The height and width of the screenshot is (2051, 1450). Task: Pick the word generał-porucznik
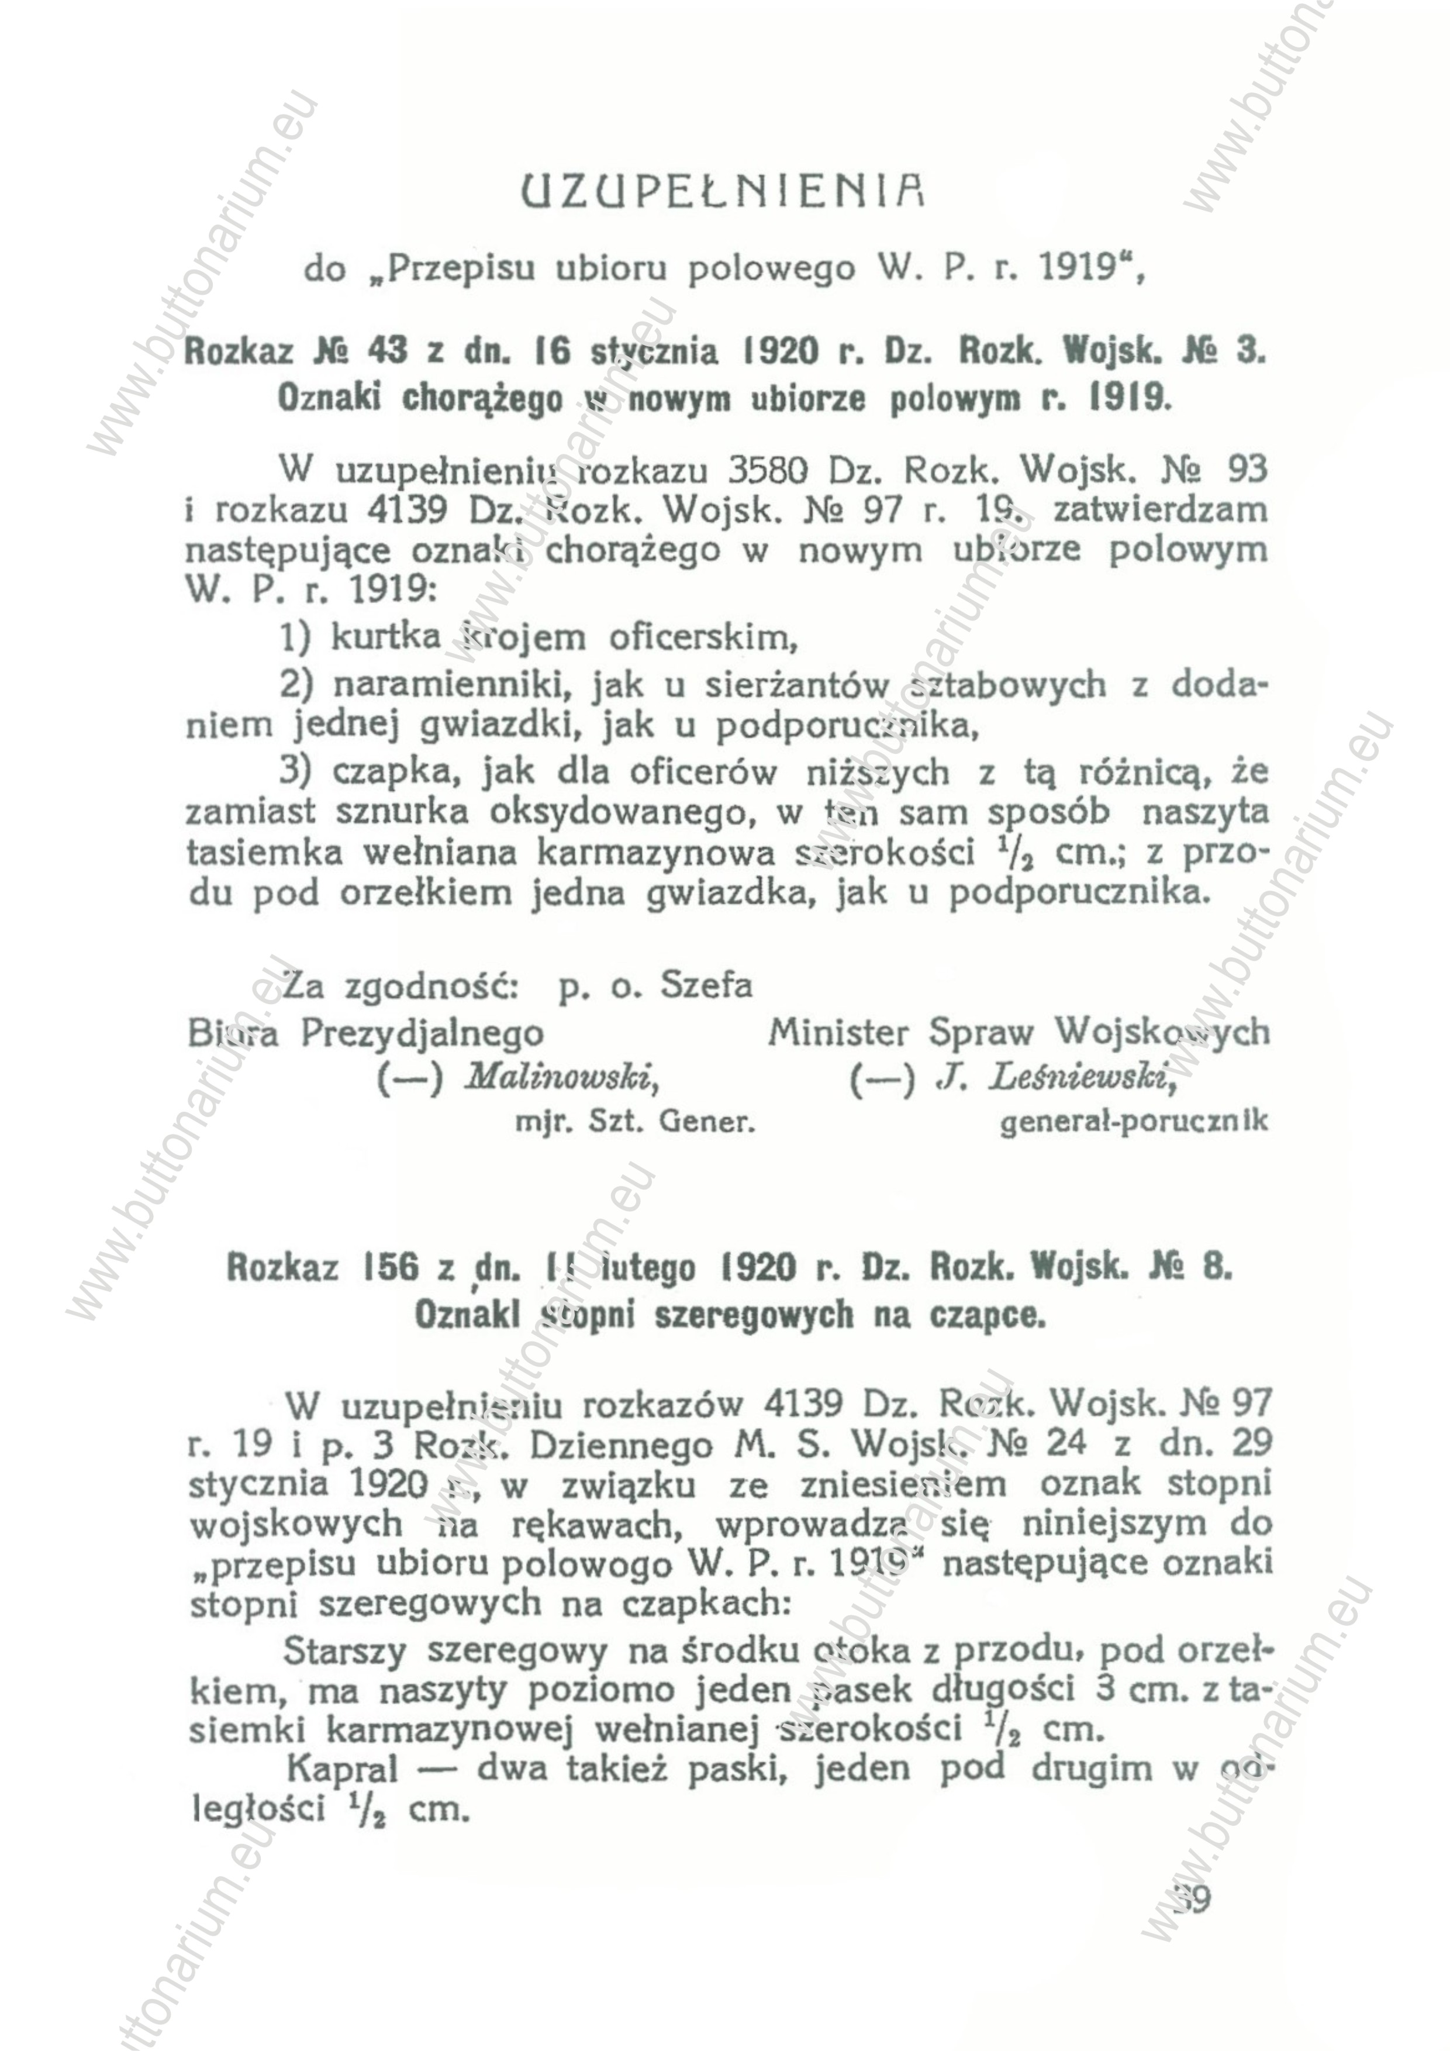[x=1133, y=1121]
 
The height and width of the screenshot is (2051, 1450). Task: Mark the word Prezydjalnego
[x=422, y=1033]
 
